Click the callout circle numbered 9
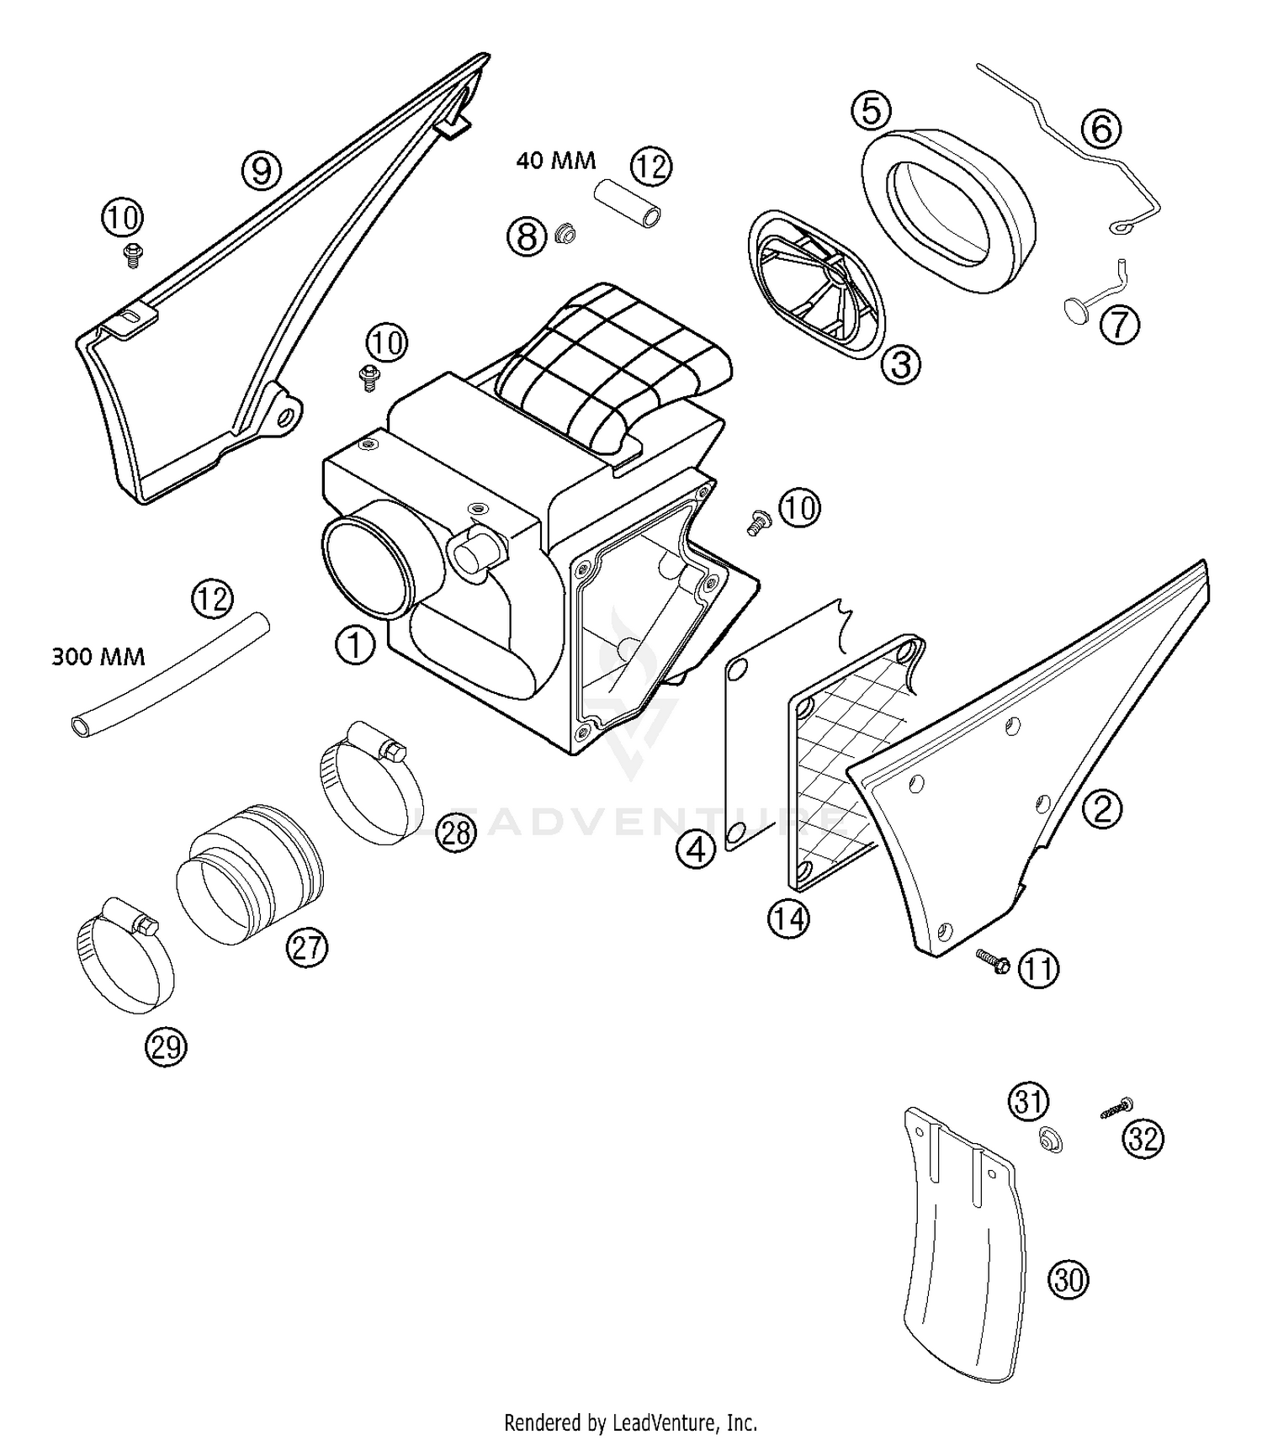(x=261, y=171)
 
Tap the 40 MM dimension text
(x=555, y=160)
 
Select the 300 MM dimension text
(x=98, y=656)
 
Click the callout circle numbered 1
(x=355, y=645)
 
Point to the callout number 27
(x=306, y=948)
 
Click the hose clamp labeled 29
(x=125, y=966)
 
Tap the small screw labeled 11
(x=993, y=961)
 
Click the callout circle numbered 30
(x=1068, y=1279)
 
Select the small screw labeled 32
(x=1115, y=1108)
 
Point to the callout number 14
(x=788, y=919)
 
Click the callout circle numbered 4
(x=696, y=850)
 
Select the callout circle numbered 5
(x=871, y=111)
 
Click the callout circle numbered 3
(x=900, y=364)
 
